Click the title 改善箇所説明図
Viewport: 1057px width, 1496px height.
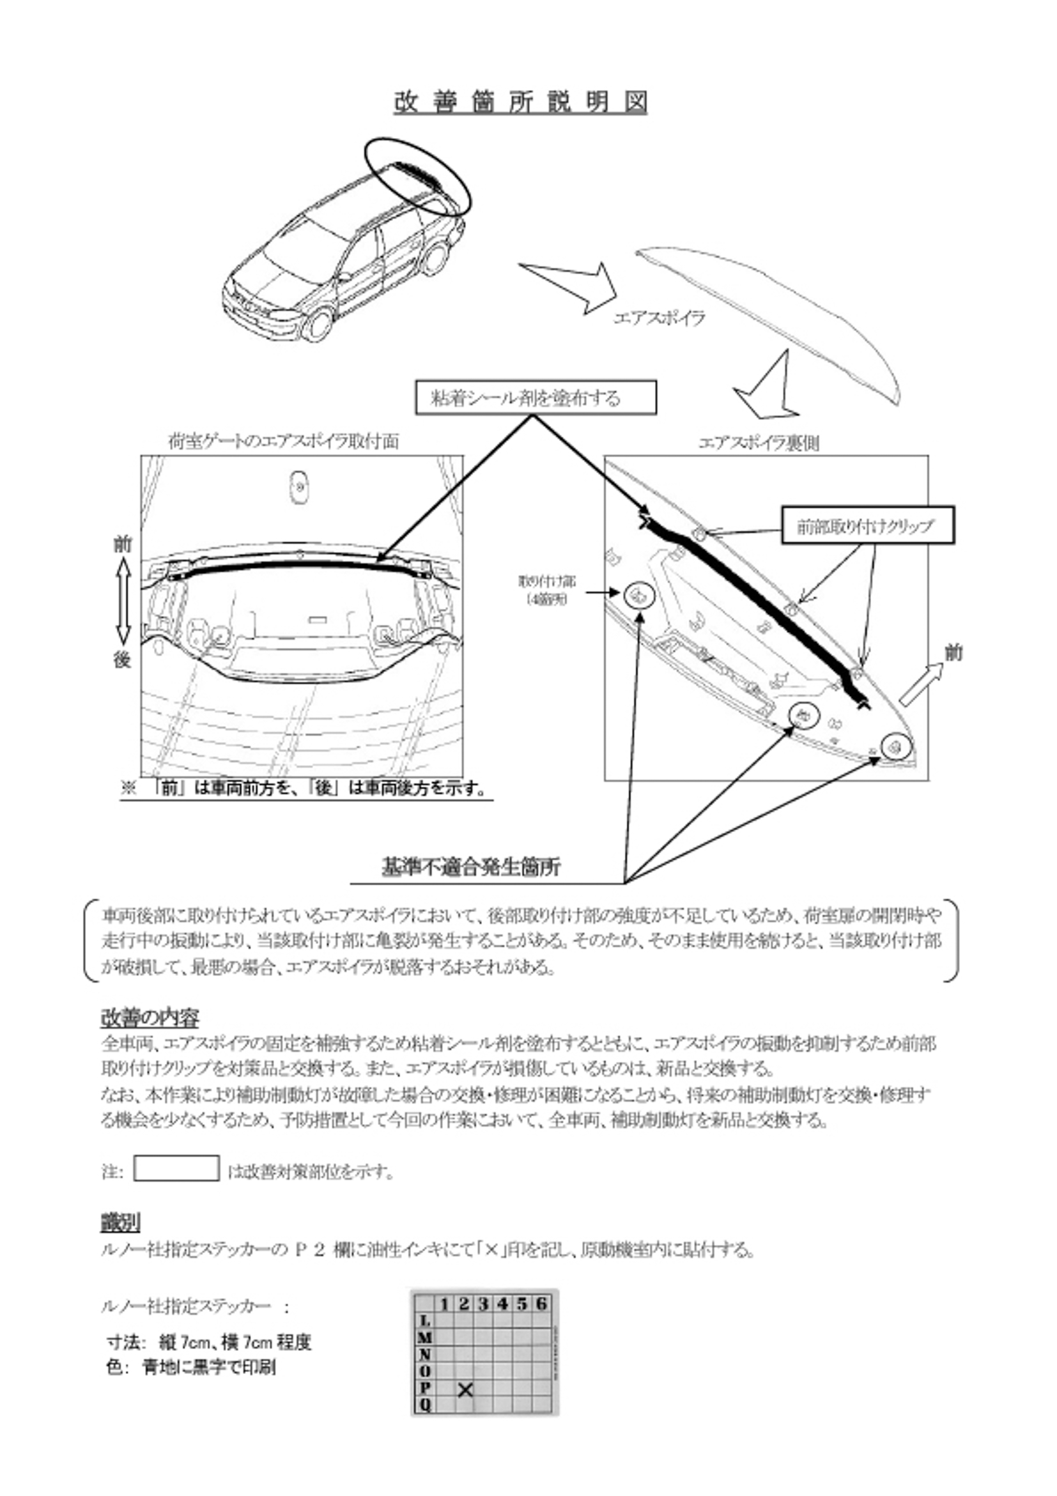coord(520,102)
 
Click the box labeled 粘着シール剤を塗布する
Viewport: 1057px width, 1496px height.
coord(536,397)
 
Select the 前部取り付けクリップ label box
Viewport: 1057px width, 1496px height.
coord(867,525)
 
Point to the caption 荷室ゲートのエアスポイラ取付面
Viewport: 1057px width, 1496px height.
coord(284,442)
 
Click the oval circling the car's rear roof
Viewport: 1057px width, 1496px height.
coord(417,176)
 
